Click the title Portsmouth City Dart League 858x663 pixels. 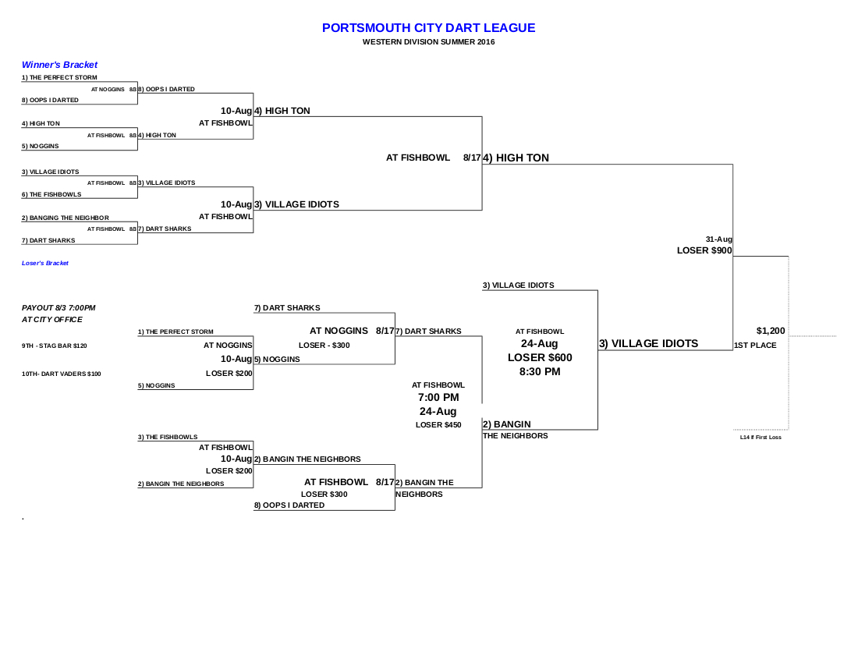point(428,28)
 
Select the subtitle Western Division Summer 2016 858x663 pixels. point(428,42)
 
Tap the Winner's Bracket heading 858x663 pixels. point(59,65)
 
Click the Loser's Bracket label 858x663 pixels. point(45,264)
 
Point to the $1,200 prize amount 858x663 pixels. point(771,331)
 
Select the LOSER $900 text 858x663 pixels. point(704,250)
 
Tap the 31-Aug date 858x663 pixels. point(718,239)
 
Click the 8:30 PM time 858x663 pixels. point(540,371)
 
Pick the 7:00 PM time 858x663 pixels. point(438,398)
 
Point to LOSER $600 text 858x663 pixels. point(540,357)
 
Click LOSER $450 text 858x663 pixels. point(438,425)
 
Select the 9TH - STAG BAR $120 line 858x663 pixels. point(55,346)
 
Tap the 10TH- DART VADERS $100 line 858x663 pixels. point(62,374)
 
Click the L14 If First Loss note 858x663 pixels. point(760,438)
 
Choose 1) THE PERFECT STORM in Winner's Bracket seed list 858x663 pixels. point(59,78)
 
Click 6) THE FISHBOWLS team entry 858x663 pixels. point(51,194)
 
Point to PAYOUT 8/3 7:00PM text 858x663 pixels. point(58,308)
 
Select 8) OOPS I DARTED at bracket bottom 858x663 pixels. point(289,505)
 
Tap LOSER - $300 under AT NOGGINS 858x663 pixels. point(324,345)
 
